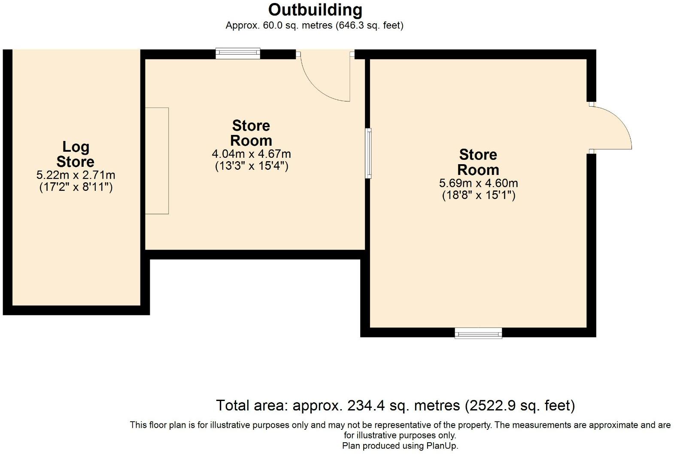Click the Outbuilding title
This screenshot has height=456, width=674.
tap(315, 9)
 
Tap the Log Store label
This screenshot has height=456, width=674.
tap(76, 154)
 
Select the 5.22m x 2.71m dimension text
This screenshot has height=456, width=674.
tap(76, 175)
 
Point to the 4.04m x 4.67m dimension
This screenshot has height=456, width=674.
tap(251, 154)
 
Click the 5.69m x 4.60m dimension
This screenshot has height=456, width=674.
tap(478, 183)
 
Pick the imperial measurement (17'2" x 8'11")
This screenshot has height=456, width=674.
tap(76, 187)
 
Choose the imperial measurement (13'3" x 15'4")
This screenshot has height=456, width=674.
tap(251, 166)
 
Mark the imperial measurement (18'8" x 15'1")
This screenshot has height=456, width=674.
tap(478, 195)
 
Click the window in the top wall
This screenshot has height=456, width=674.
tap(238, 53)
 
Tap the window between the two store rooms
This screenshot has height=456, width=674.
tap(368, 153)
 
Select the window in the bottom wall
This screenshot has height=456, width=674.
tap(478, 333)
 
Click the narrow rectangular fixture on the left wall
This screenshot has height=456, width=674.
tap(157, 161)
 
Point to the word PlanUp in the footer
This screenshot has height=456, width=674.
tap(442, 446)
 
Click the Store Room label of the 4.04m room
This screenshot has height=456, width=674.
tap(251, 133)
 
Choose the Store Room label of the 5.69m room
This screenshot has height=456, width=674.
tap(478, 162)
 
